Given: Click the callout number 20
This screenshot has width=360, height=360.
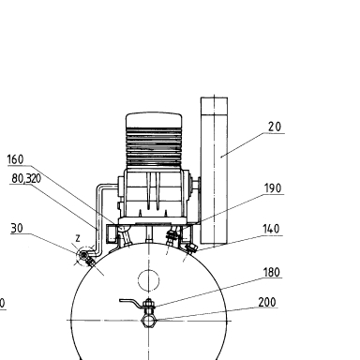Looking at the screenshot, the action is coord(275,127).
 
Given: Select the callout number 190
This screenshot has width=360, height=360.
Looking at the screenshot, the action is coord(273,188).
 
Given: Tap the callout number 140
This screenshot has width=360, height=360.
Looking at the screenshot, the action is coord(271,229).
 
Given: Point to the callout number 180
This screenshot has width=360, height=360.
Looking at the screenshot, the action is coord(271,272).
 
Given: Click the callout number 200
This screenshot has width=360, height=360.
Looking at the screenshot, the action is coord(267,302).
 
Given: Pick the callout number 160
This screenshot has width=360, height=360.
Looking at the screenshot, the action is coord(15,159).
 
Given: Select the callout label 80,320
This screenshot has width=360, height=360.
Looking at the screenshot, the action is coord(26,178).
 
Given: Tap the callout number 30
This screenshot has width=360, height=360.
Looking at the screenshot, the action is coord(17,228).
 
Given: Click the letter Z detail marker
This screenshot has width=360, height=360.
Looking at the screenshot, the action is coord(78,239).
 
